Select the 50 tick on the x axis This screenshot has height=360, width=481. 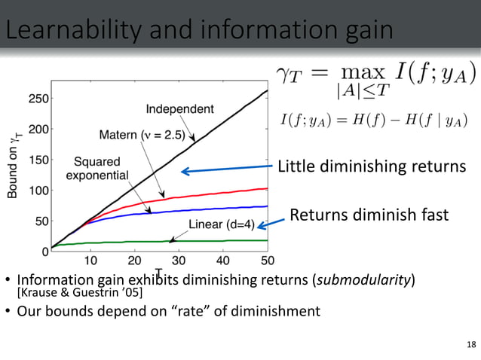(x=268, y=261)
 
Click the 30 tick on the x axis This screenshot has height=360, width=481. (x=179, y=261)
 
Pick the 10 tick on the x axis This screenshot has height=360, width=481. (x=90, y=261)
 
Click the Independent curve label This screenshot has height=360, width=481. (x=179, y=108)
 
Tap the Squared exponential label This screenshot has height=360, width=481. (x=97, y=169)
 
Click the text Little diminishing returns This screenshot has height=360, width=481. (x=372, y=166)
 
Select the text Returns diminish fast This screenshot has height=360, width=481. (x=369, y=215)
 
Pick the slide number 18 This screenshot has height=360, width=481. (x=471, y=345)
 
